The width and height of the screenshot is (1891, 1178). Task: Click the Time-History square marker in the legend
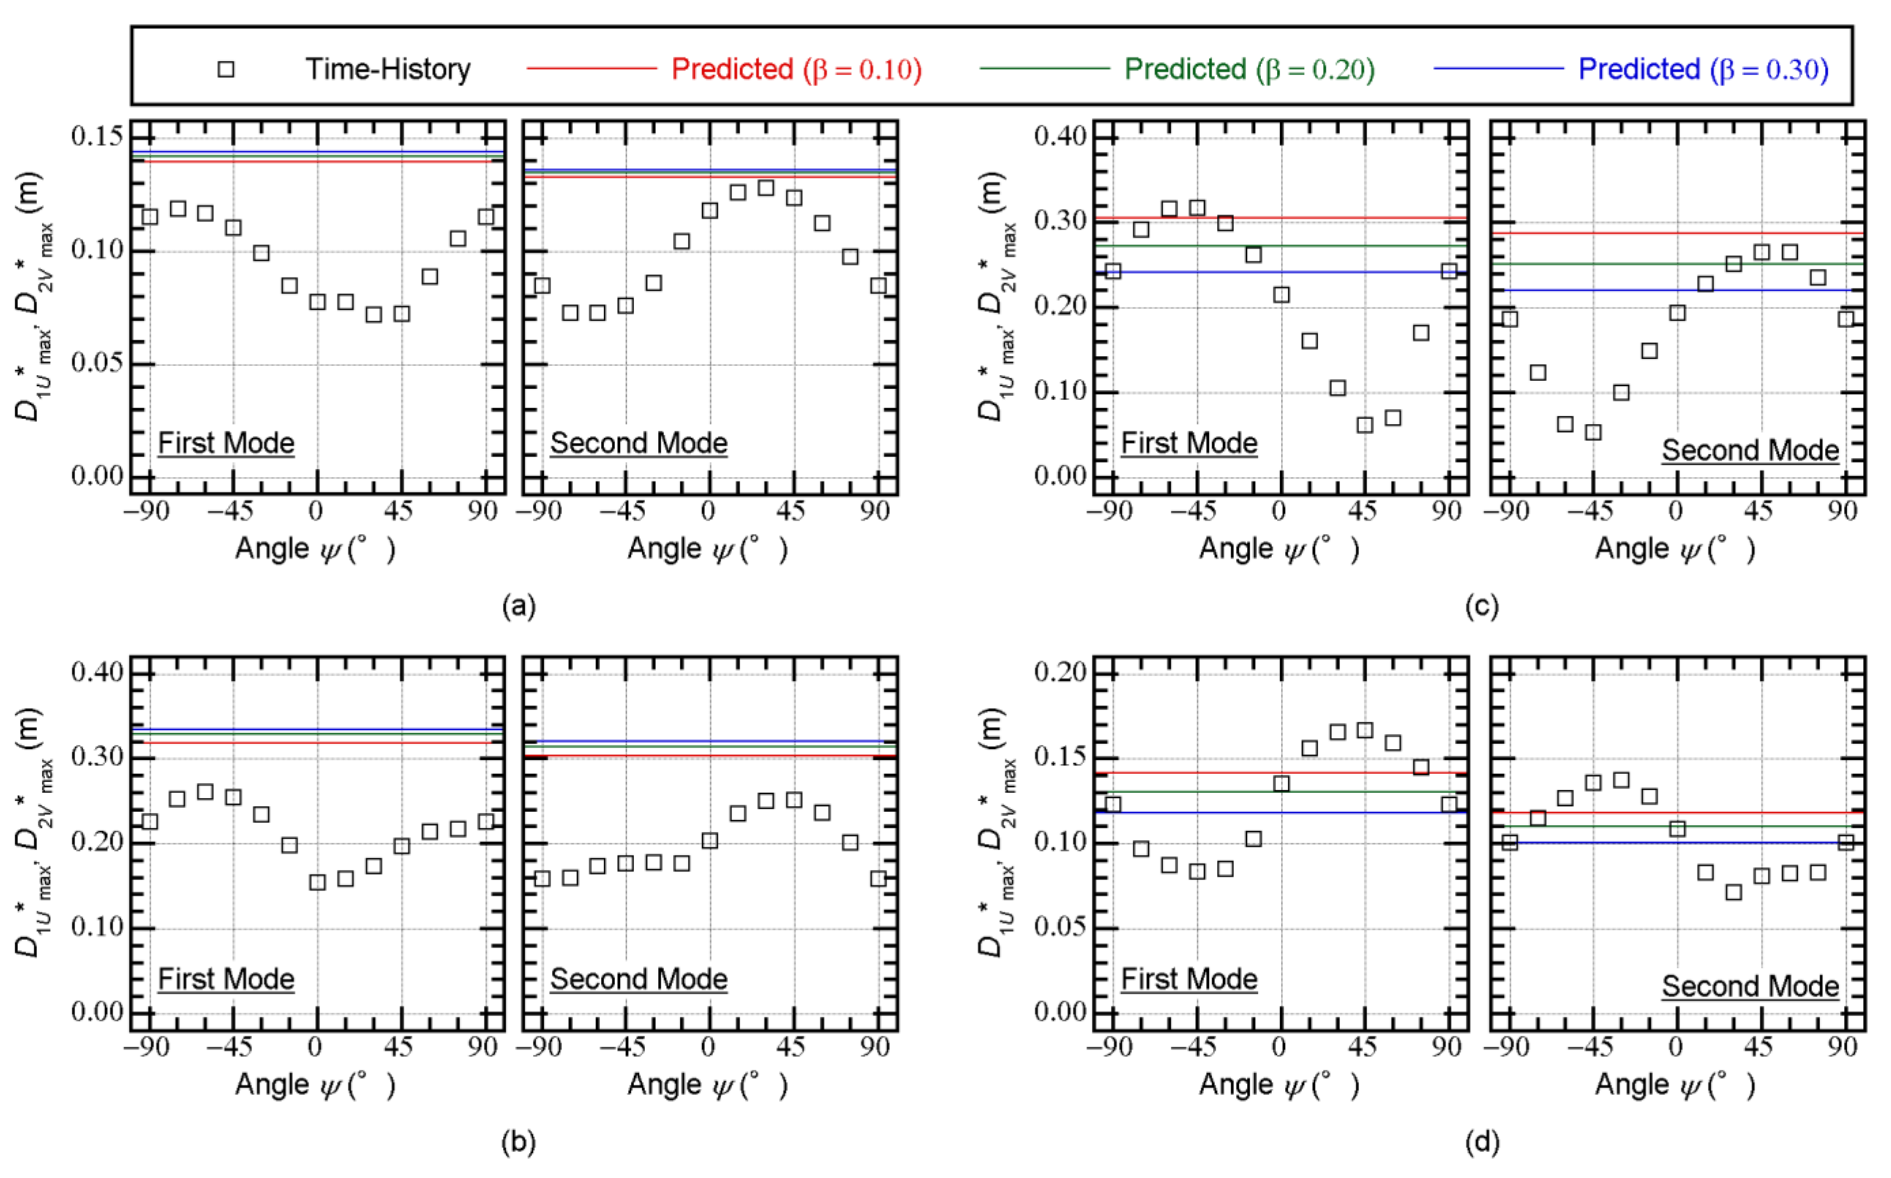(x=226, y=69)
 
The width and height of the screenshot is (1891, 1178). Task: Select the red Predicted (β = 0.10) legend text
(x=796, y=69)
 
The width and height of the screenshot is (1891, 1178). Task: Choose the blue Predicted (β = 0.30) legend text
(x=1703, y=69)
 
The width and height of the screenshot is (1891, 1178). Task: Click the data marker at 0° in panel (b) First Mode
(x=317, y=882)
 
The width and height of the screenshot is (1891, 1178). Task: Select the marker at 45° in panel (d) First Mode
(x=1365, y=730)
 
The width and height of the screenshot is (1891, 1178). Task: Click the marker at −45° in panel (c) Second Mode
(x=1593, y=431)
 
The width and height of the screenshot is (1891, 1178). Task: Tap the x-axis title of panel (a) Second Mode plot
(x=708, y=549)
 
